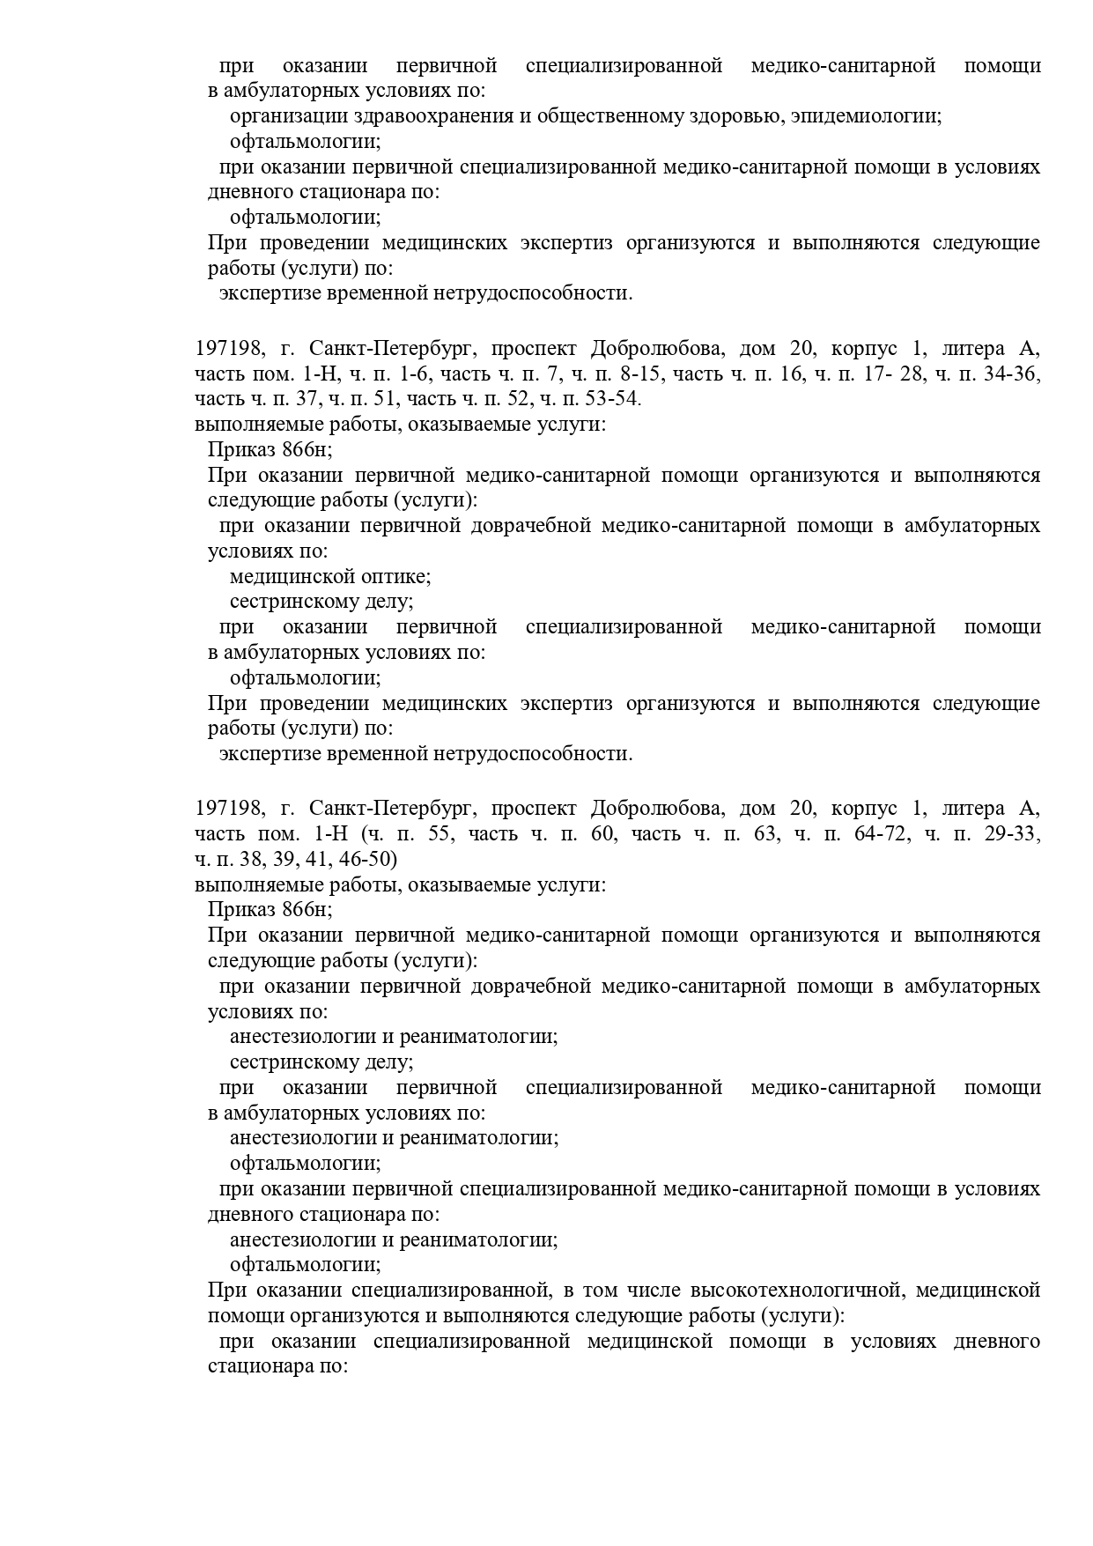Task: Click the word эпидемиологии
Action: [866, 116]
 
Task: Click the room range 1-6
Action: [412, 374]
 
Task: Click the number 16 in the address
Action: [791, 374]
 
